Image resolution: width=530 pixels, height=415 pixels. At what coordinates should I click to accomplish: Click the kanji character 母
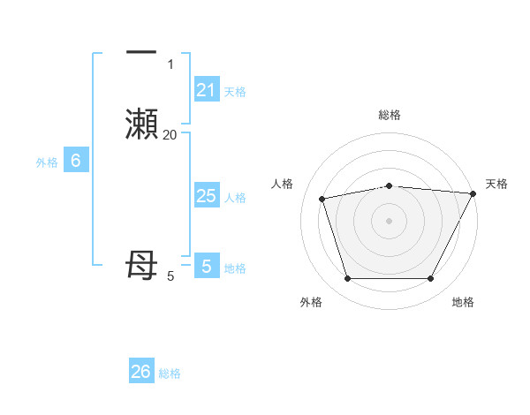click(x=142, y=266)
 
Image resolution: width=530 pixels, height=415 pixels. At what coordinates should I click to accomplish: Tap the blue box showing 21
click(x=206, y=90)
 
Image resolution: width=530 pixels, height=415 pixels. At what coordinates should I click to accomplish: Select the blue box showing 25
click(x=206, y=196)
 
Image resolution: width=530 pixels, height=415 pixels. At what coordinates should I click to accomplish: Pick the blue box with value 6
click(x=76, y=161)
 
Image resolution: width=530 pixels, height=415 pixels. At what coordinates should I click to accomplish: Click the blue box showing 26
click(x=141, y=372)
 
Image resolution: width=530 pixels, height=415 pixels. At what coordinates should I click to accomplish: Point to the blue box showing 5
click(x=206, y=266)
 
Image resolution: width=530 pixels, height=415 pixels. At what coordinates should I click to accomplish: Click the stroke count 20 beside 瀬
click(x=170, y=134)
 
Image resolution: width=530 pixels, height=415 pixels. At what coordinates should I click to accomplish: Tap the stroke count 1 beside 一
click(x=170, y=64)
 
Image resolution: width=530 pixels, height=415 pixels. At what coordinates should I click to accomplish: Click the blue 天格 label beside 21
click(x=235, y=92)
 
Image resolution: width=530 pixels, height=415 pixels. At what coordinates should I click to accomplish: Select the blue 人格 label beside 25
click(x=235, y=198)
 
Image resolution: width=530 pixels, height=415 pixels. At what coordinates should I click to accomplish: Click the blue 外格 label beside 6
click(x=47, y=162)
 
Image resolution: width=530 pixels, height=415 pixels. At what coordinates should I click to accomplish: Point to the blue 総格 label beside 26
click(x=170, y=373)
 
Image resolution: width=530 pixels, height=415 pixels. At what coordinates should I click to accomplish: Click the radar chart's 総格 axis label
click(x=389, y=115)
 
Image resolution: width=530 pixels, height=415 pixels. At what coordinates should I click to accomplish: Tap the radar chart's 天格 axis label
click(x=496, y=184)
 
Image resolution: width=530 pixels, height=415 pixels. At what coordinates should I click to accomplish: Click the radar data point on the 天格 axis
click(x=473, y=193)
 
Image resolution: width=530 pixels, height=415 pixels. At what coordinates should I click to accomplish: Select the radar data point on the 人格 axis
click(x=322, y=199)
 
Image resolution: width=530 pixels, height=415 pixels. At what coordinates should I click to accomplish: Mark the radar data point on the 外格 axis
click(x=347, y=279)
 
